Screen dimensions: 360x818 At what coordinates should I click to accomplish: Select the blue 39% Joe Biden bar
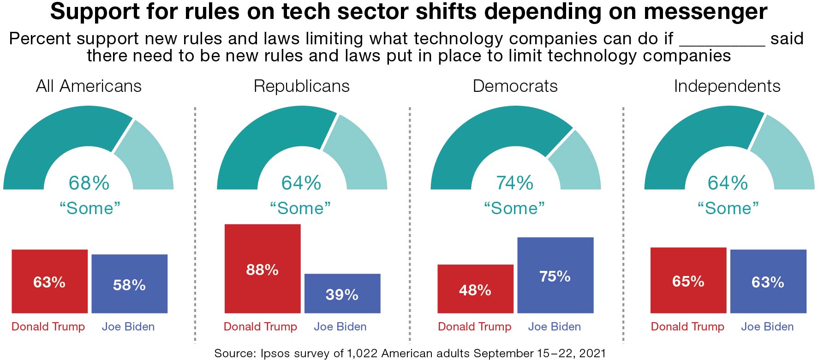[x=342, y=294]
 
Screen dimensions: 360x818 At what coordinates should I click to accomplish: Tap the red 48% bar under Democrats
[x=475, y=289]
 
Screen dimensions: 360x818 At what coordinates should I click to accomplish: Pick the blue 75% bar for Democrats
[x=555, y=276]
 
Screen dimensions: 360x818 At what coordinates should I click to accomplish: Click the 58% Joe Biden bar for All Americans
[x=129, y=284]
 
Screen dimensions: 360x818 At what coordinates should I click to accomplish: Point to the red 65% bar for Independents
[x=688, y=281]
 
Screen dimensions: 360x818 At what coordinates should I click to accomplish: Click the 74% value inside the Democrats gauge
[x=514, y=183]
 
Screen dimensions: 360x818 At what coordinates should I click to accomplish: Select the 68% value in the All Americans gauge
[x=89, y=183]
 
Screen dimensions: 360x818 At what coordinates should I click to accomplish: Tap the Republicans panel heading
[x=302, y=86]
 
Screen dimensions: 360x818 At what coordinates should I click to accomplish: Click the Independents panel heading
[x=727, y=86]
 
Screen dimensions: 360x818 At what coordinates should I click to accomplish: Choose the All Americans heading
[x=89, y=86]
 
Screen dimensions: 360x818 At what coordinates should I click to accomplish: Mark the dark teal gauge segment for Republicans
[x=268, y=138]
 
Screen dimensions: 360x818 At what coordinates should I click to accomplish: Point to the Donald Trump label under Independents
[x=687, y=327]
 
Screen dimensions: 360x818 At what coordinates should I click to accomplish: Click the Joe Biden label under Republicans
[x=340, y=327]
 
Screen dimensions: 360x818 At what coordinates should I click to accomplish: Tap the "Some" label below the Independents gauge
[x=728, y=208]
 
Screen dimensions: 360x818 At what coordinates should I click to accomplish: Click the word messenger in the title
[x=705, y=12]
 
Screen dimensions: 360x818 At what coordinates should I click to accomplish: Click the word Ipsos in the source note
[x=275, y=354]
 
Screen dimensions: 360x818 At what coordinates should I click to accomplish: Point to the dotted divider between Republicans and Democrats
[x=410, y=226]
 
